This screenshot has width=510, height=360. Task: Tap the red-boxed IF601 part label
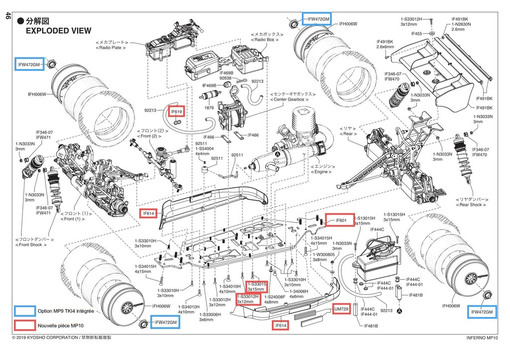pos(341,220)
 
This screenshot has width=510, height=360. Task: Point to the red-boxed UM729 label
pos(342,309)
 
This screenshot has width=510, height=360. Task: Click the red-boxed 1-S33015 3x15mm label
pos(256,286)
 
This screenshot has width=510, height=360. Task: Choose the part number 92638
pos(226,78)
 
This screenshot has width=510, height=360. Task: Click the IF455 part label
pos(417,33)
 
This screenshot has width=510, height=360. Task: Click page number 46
pos(7,16)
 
